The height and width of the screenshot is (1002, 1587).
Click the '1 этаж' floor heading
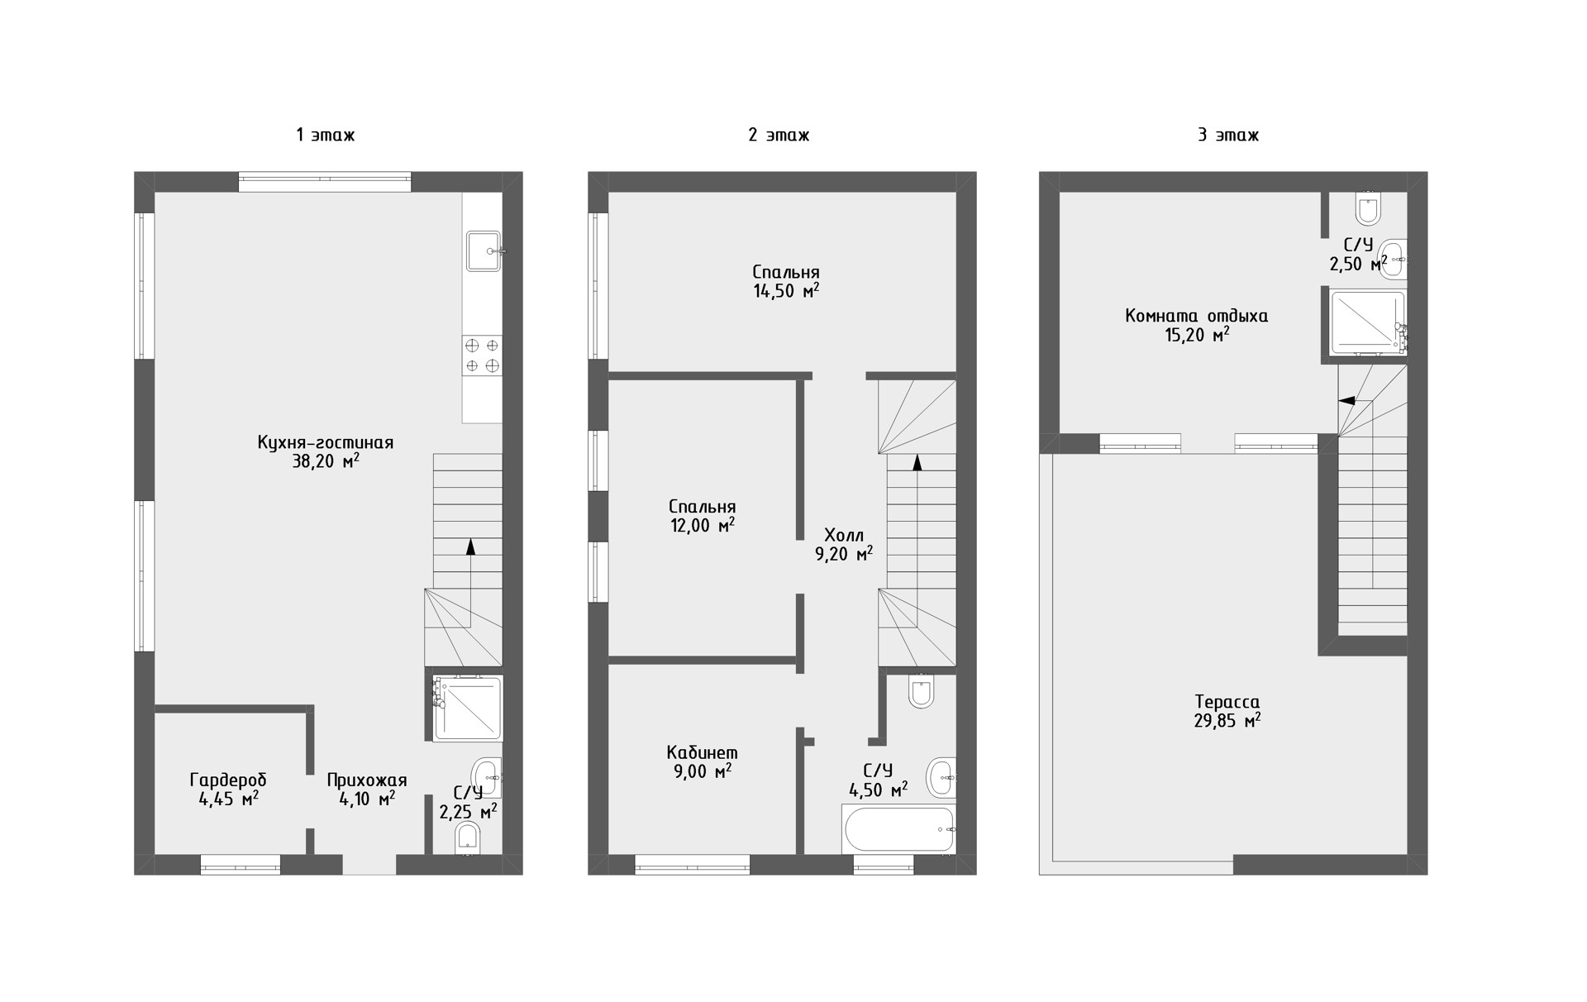point(326,135)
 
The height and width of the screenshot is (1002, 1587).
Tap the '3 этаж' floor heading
point(1228,135)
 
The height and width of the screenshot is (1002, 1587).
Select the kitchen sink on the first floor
point(484,251)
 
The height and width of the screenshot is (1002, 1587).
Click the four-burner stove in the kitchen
point(482,355)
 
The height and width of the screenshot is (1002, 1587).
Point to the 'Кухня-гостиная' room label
point(326,442)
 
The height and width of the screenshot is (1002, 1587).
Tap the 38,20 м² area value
point(326,461)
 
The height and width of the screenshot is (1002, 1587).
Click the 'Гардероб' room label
point(228,780)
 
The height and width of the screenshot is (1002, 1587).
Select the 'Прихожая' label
point(367,780)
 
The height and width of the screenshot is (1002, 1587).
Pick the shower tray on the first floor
point(468,708)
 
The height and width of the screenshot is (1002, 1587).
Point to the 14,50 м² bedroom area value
point(786,291)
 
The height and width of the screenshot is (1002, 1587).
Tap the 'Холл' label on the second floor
point(844,535)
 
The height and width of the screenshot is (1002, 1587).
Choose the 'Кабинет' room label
point(702,753)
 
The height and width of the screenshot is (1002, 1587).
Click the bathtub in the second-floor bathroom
point(899,829)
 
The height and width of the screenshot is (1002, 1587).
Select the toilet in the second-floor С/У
point(921,690)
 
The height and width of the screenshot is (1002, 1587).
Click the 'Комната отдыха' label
point(1196,316)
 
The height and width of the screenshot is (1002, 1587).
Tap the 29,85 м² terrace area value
point(1227,721)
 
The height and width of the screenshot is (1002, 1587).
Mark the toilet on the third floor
point(1369,208)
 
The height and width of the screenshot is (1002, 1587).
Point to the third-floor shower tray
point(1368,321)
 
